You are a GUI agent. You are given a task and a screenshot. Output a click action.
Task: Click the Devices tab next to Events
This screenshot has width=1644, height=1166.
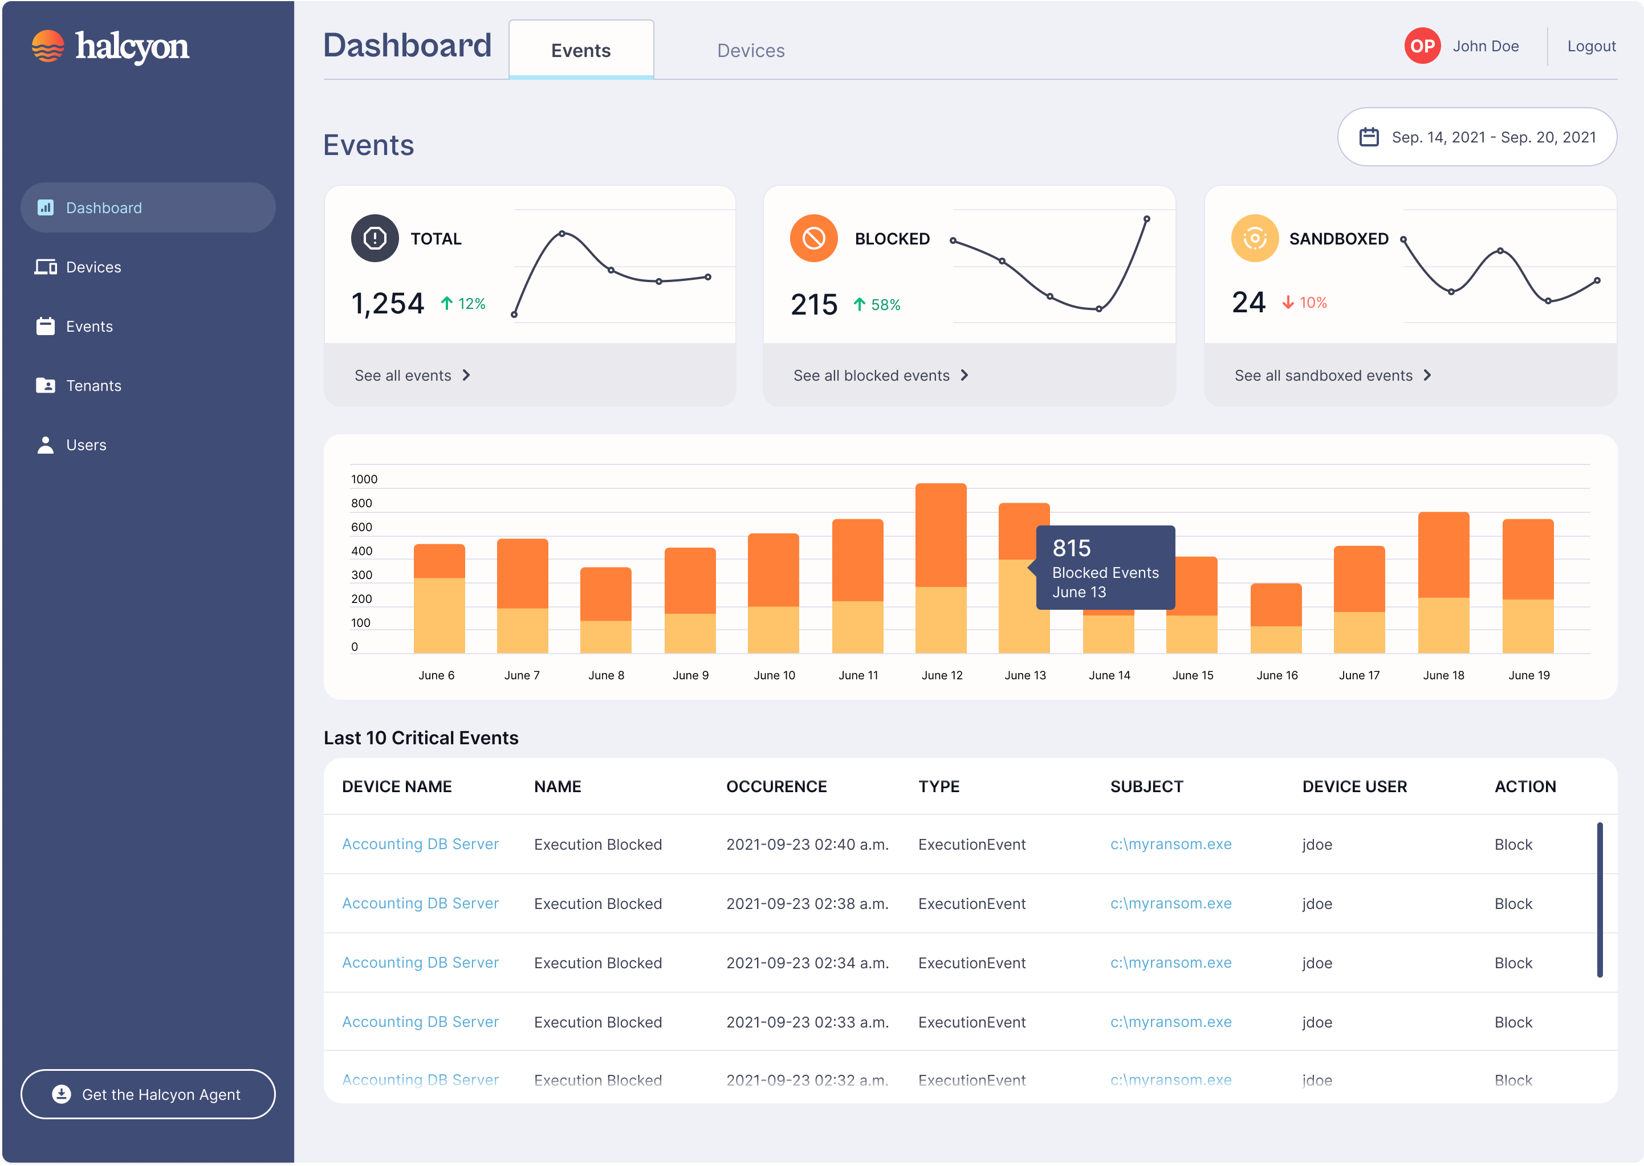751,50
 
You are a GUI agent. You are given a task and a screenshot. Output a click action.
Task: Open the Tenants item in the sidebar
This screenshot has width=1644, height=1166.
93,386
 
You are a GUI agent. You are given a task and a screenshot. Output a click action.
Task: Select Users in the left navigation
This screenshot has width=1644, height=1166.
86,445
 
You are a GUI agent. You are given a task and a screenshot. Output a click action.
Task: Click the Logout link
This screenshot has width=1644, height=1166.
1591,46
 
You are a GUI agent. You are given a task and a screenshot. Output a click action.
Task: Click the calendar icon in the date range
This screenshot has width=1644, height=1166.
1368,137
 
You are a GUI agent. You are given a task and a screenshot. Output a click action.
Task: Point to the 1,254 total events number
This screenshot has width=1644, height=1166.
388,304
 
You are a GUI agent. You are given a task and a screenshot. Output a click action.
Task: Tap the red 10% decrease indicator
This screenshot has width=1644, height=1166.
1304,303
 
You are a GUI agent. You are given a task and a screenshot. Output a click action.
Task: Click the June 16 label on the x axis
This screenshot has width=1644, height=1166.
1276,675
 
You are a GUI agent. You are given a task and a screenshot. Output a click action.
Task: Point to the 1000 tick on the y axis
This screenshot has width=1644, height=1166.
364,479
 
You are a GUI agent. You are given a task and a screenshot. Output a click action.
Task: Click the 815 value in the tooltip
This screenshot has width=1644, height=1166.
1071,549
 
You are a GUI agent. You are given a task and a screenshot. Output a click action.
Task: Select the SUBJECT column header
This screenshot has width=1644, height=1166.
1146,786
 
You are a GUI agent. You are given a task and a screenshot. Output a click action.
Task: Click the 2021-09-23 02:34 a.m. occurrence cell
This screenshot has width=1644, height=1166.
807,963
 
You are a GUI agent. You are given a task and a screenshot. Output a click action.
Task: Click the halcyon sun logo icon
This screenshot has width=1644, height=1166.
48,46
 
